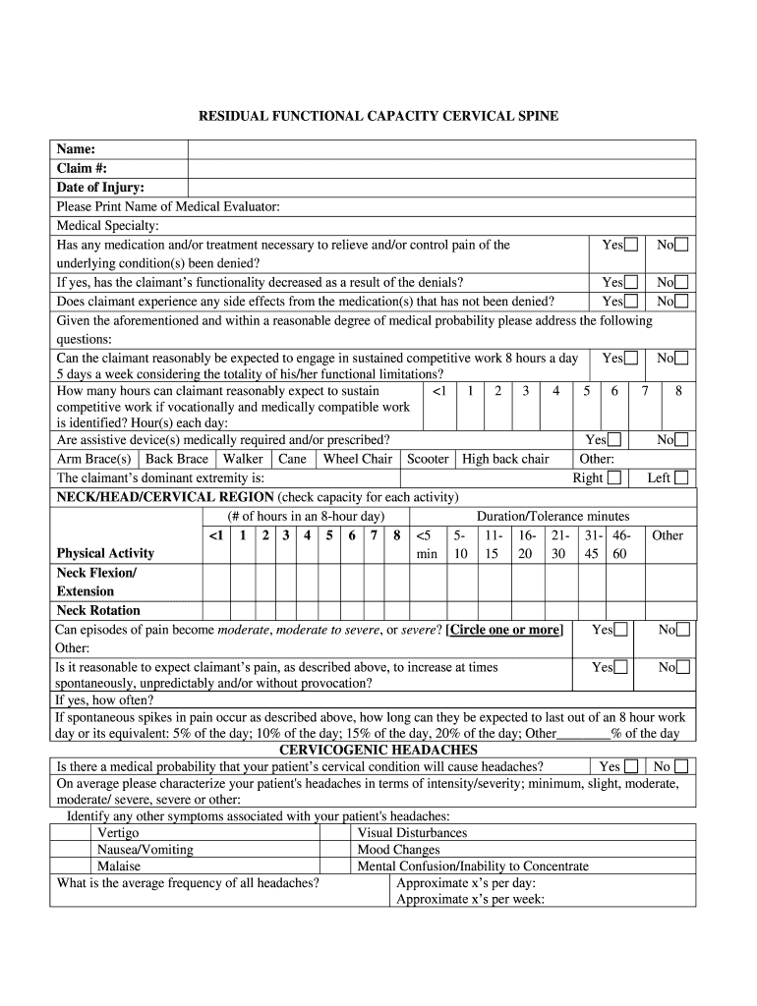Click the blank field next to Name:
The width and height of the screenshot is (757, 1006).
point(441,149)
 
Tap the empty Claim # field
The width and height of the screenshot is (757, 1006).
point(441,168)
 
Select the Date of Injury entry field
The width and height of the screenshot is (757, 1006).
point(441,187)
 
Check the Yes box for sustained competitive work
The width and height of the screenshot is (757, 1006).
point(630,360)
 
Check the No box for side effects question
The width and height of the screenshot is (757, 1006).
point(681,302)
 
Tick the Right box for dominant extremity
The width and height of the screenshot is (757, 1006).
point(614,478)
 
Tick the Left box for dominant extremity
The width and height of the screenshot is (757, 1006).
point(681,478)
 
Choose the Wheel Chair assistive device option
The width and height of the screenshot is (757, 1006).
point(357,459)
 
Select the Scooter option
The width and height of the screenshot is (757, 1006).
point(428,459)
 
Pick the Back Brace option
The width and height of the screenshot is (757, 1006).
point(177,459)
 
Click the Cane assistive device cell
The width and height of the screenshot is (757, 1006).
point(292,459)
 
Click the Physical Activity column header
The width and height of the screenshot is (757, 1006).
point(105,553)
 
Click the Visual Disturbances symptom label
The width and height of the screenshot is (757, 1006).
point(412,833)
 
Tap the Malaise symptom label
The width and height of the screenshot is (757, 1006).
point(118,866)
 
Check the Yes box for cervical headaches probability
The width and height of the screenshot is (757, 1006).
point(631,766)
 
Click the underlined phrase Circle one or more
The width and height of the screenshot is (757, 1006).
point(505,630)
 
